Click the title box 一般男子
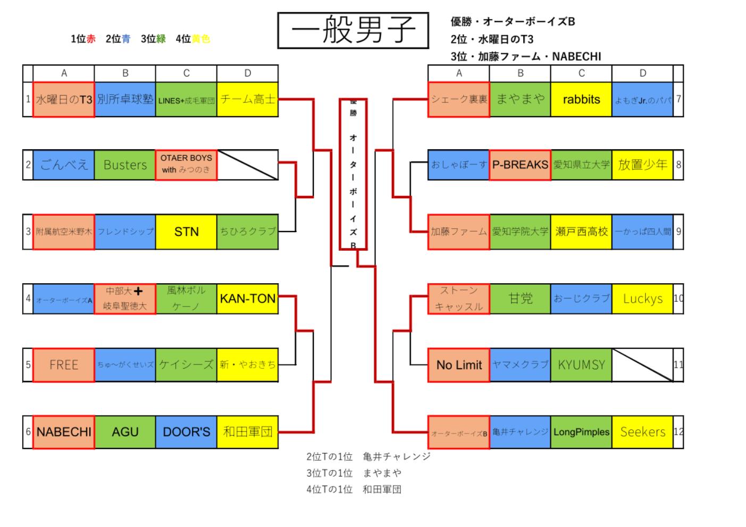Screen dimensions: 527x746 [353, 31]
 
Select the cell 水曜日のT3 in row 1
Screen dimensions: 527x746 [64, 99]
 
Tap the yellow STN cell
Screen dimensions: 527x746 [186, 232]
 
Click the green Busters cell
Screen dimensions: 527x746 [125, 165]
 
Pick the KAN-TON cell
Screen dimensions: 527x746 [247, 299]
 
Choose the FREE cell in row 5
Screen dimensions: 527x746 [64, 365]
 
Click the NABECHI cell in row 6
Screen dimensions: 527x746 [64, 432]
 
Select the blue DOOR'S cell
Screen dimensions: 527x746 [186, 432]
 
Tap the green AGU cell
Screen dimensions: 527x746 [125, 432]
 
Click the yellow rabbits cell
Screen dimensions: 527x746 [581, 99]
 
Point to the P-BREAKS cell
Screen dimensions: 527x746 [520, 165]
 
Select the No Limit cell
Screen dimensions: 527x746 [459, 365]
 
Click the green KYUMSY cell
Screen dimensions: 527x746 [581, 365]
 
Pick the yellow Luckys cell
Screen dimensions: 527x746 [642, 299]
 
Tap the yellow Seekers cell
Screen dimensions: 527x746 [642, 432]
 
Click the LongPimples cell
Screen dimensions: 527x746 [581, 432]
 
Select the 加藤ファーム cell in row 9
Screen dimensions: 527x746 [459, 232]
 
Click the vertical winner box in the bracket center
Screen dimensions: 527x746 [353, 174]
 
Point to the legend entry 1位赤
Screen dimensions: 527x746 [83, 39]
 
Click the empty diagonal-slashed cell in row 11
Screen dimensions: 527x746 [642, 365]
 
